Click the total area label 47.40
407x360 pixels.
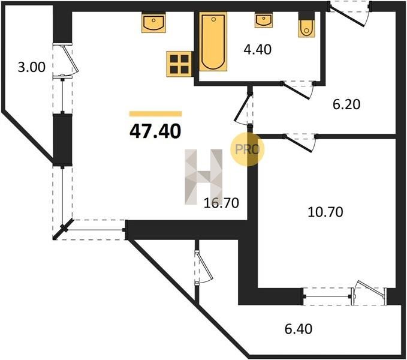[155, 131]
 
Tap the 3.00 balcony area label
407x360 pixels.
[31, 67]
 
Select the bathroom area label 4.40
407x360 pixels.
[258, 49]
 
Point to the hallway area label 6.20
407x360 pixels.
[346, 104]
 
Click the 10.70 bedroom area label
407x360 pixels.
[325, 212]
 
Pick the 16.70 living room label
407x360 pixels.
[221, 203]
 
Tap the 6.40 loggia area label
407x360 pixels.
[299, 329]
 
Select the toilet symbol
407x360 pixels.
[306, 25]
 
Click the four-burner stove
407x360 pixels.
[179, 64]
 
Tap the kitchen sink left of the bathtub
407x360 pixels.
[153, 23]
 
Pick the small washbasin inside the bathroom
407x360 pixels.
[264, 20]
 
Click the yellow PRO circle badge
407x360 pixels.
[248, 149]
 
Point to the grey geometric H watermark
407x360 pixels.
[204, 177]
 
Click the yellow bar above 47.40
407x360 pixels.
[156, 114]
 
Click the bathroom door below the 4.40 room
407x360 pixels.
[299, 90]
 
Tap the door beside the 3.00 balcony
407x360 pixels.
[65, 61]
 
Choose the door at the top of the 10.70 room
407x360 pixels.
[300, 143]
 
